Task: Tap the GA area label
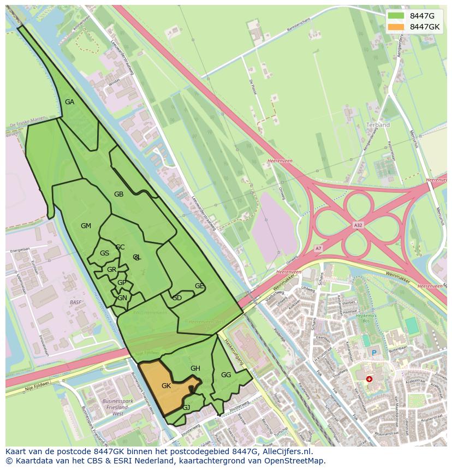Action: (x=69, y=102)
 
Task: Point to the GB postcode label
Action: (x=118, y=194)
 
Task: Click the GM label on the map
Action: (x=86, y=226)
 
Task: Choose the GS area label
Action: (x=104, y=253)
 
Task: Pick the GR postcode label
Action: (x=111, y=270)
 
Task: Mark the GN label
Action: (x=122, y=298)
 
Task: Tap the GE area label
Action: (x=199, y=286)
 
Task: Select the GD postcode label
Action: (x=177, y=298)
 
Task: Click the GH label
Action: (x=195, y=368)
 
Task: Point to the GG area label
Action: (x=226, y=375)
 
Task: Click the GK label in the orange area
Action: (x=166, y=386)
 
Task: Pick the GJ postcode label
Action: (x=186, y=408)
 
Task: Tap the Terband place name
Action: (x=378, y=125)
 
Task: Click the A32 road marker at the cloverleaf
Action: (x=358, y=224)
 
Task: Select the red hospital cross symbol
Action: (x=369, y=378)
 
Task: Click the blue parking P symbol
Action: (x=374, y=353)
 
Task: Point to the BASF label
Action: (x=75, y=302)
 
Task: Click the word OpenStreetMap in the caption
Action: (x=294, y=460)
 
